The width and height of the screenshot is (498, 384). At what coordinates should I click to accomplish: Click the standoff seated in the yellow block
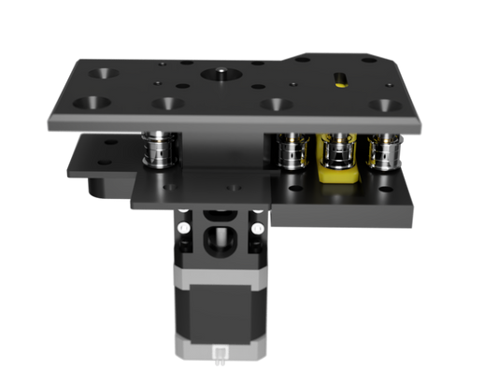[336, 147]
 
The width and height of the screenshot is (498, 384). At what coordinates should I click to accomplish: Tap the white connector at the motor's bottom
[221, 353]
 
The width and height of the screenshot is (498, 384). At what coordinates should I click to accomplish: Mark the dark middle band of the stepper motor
[220, 307]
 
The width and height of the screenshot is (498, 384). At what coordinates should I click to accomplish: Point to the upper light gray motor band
[220, 275]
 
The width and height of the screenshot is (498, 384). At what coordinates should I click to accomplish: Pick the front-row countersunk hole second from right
[276, 105]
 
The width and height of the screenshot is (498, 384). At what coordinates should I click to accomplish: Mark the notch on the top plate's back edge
[303, 58]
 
